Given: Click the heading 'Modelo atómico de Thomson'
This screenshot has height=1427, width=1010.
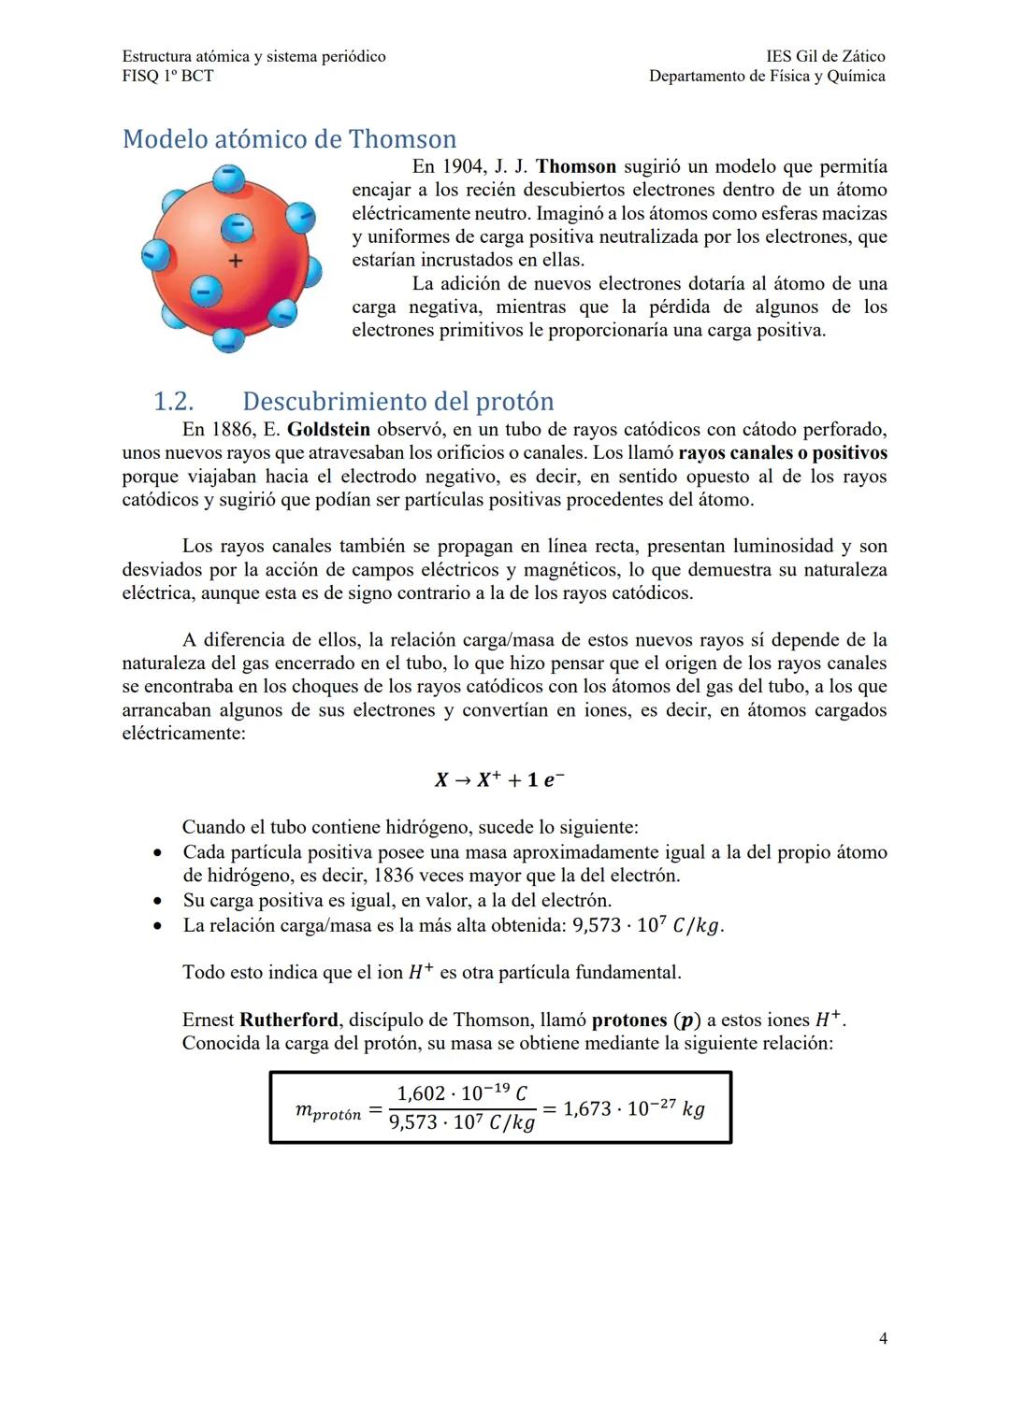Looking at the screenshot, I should (x=289, y=139).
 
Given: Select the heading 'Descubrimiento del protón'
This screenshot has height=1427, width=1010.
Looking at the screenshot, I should (x=397, y=402).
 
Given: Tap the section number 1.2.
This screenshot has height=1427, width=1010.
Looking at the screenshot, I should (x=173, y=402).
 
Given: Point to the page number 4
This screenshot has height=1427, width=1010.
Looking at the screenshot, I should (x=883, y=1338).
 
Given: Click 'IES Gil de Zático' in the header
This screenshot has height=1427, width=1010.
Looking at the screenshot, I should (x=825, y=56).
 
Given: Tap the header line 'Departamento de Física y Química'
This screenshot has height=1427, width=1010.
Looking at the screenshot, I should (x=767, y=76).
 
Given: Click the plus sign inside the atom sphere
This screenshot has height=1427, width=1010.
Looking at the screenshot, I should (x=236, y=261).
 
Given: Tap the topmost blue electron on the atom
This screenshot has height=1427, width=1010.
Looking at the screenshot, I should (x=227, y=177).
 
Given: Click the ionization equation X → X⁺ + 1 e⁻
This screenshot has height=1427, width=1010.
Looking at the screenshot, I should (x=499, y=779).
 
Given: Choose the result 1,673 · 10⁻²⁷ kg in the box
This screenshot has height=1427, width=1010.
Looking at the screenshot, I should (x=633, y=1109).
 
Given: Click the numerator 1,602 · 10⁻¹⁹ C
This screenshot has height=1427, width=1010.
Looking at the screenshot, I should (x=462, y=1093).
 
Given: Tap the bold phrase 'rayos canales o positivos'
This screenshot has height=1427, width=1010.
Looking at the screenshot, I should (x=783, y=453).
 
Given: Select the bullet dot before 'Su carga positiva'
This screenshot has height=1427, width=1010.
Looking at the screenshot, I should (x=160, y=901).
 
